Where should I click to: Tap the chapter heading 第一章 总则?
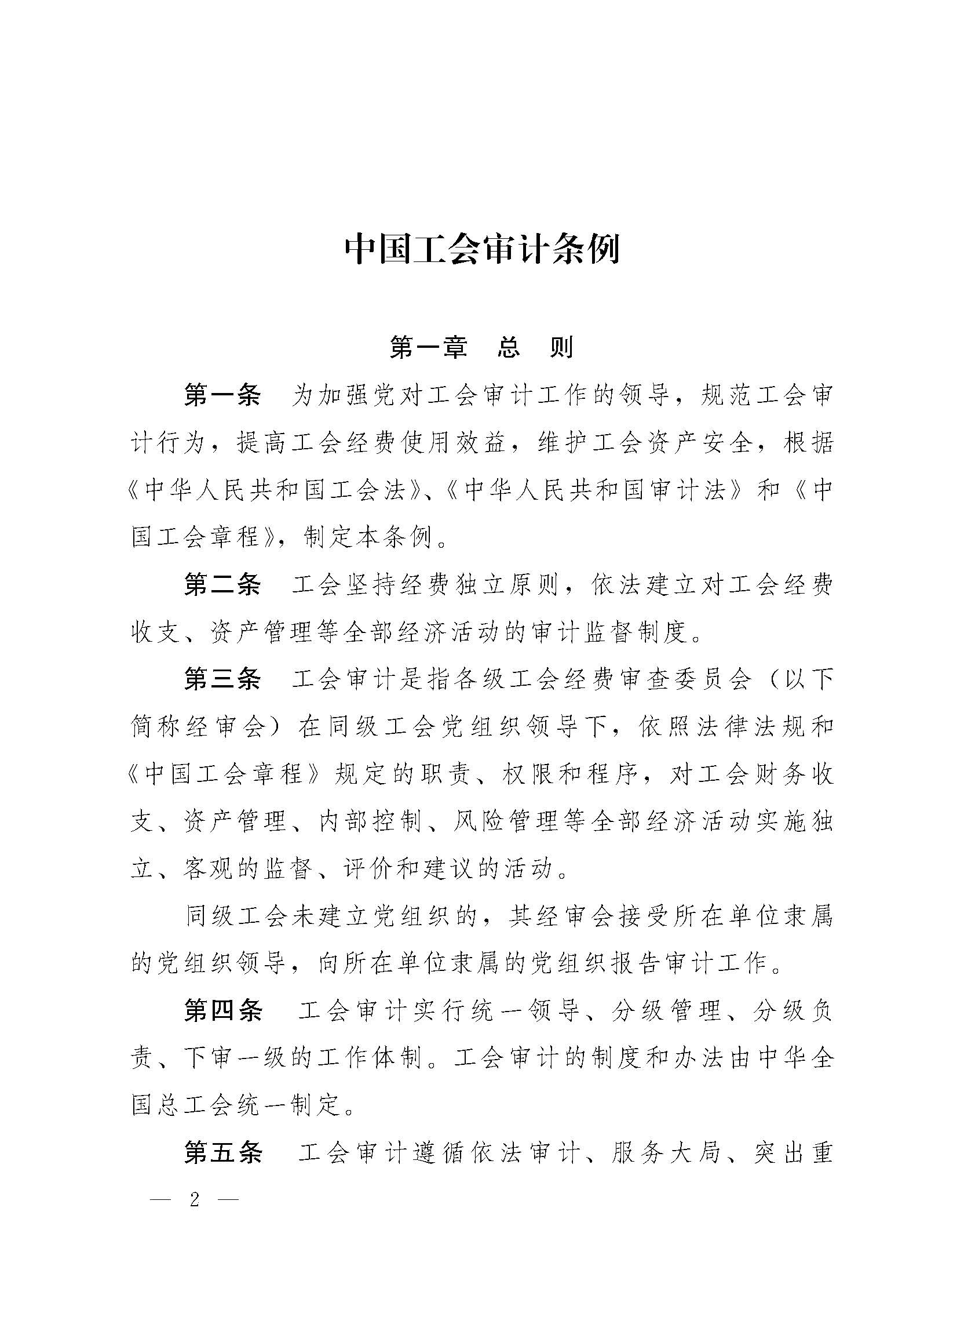tap(481, 347)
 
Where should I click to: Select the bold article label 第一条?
tap(223, 395)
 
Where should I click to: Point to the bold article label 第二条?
tap(223, 585)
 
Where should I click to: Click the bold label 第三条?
tap(223, 679)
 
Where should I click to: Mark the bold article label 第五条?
tap(223, 1153)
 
